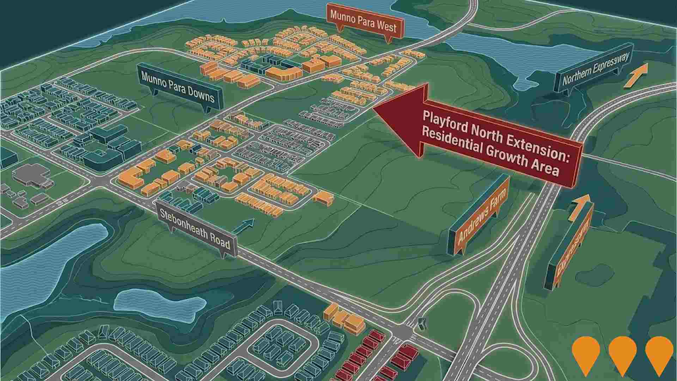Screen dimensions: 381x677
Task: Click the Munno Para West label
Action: pos(363,20)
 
